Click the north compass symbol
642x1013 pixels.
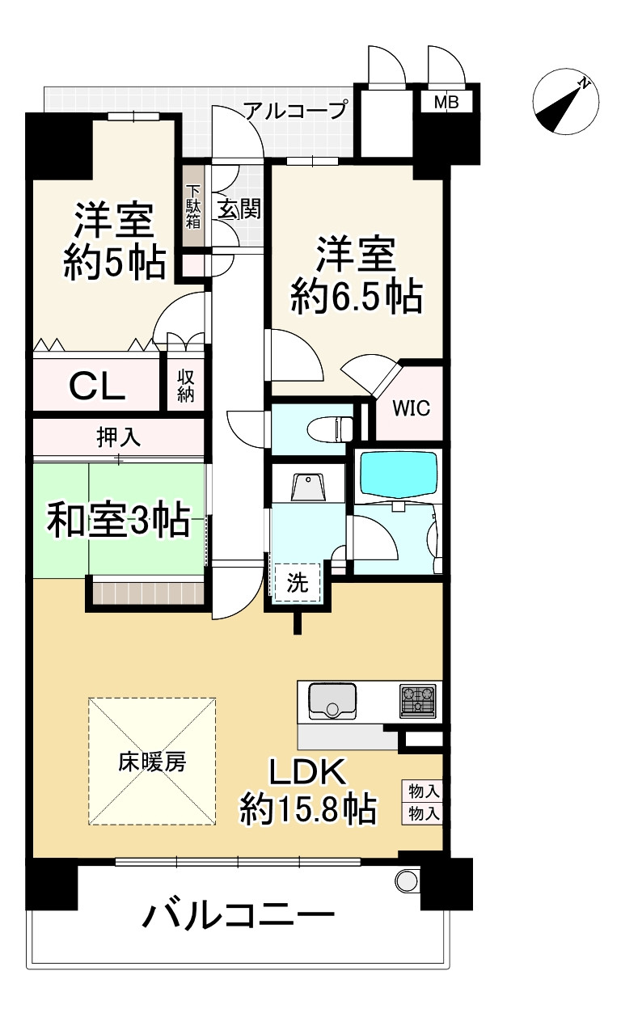tap(566, 103)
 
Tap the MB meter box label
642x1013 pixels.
tap(446, 102)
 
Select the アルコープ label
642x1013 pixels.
tap(296, 110)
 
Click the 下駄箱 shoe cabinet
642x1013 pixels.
tap(192, 208)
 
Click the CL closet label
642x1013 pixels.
tap(96, 386)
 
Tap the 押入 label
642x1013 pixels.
tap(119, 437)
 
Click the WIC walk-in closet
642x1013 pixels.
tap(412, 407)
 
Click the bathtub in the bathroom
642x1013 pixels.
tap(399, 476)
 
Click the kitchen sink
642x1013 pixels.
tap(332, 700)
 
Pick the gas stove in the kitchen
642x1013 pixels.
tap(417, 700)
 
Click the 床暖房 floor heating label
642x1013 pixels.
tap(152, 762)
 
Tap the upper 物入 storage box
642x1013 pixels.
tap(423, 789)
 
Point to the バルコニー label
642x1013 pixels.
tap(239, 915)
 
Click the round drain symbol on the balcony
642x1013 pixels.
tap(406, 879)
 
